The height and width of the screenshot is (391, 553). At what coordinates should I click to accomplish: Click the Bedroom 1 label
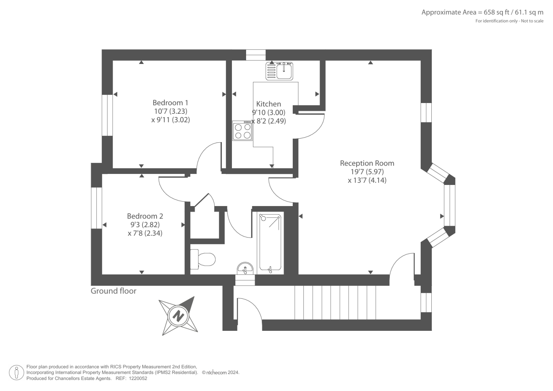tap(170, 103)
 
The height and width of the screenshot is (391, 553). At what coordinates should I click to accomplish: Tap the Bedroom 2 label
tap(145, 216)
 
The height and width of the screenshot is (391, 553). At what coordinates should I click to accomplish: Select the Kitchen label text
tap(268, 104)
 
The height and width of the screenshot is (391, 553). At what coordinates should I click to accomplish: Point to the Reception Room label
tap(367, 163)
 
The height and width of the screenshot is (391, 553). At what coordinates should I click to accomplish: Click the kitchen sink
tap(279, 71)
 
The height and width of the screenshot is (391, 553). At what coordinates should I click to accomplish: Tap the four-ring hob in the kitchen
tap(242, 131)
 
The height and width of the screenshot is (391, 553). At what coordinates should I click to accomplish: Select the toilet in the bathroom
tap(203, 259)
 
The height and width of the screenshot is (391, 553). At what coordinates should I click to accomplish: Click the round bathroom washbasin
tap(245, 268)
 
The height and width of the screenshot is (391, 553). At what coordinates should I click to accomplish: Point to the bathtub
tap(270, 243)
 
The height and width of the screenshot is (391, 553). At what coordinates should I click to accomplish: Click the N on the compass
tap(178, 316)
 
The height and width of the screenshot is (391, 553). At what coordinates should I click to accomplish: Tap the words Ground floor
tap(113, 291)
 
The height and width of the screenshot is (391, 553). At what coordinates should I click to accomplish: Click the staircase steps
tap(335, 302)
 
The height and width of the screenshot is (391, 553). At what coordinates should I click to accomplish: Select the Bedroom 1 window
tap(107, 115)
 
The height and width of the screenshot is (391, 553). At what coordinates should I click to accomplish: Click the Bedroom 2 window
tap(96, 208)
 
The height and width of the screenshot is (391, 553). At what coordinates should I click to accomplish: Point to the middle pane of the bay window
tap(449, 205)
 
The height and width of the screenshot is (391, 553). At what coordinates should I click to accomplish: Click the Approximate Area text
tap(482, 12)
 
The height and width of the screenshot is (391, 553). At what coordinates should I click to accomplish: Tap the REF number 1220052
tap(138, 379)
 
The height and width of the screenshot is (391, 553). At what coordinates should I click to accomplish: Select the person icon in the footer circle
tap(17, 372)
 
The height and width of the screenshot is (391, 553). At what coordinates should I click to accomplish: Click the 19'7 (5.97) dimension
tap(367, 172)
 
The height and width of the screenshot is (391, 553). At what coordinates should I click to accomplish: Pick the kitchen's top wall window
tap(256, 55)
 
